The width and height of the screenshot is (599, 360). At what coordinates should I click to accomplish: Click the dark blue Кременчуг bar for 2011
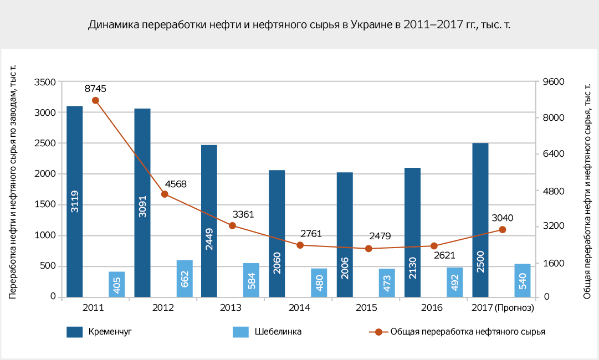pyautogui.click(x=74, y=201)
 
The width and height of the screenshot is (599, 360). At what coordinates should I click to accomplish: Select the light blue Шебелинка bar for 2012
pyautogui.click(x=185, y=279)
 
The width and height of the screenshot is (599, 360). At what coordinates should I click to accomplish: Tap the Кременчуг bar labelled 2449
pyautogui.click(x=209, y=221)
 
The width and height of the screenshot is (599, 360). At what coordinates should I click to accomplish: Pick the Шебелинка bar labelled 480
pyautogui.click(x=319, y=282)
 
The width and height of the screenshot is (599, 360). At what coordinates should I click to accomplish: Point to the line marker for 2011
pyautogui.click(x=95, y=100)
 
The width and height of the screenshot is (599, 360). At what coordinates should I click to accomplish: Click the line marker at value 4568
pyautogui.click(x=165, y=194)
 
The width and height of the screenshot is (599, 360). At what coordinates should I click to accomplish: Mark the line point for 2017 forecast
pyautogui.click(x=502, y=229)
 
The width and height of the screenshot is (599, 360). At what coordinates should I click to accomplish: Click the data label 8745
pyautogui.click(x=95, y=88)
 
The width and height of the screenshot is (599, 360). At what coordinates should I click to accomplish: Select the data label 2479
pyautogui.click(x=380, y=236)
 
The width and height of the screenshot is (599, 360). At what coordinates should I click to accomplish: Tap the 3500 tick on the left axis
pyautogui.click(x=45, y=82)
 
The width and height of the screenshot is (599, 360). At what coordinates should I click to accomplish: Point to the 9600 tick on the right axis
pyautogui.click(x=552, y=82)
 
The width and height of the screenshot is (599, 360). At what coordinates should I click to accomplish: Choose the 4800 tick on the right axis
pyautogui.click(x=552, y=191)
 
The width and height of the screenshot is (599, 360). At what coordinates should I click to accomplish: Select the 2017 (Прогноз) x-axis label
pyautogui.click(x=502, y=307)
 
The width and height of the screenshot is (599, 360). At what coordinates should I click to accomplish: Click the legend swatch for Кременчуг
pyautogui.click(x=74, y=332)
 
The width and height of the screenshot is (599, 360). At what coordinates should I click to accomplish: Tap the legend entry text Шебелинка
pyautogui.click(x=278, y=332)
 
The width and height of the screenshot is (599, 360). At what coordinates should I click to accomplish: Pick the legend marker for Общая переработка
pyautogui.click(x=378, y=332)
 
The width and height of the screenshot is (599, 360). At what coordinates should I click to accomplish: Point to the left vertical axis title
pyautogui.click(x=13, y=183)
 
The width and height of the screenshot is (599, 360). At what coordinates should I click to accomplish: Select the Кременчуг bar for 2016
pyautogui.click(x=412, y=232)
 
